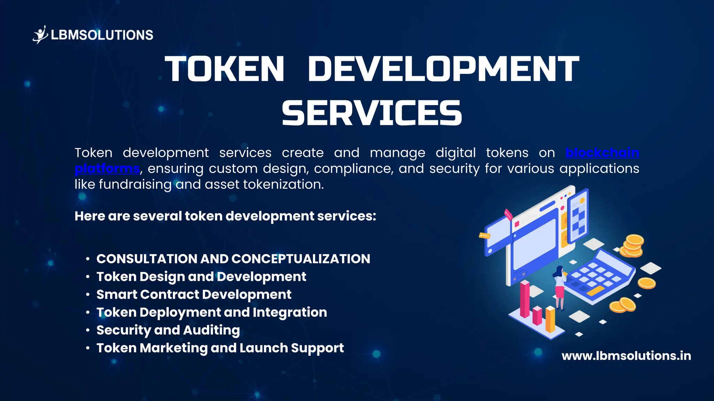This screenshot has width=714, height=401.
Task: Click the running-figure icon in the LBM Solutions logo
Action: pos(40,34)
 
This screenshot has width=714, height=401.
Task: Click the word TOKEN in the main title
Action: pos(225,69)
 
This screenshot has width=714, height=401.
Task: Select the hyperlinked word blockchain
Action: pos(602,152)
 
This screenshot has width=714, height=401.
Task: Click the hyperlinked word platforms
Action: pos(107,168)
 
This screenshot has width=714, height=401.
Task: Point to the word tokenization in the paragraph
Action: pos(283,184)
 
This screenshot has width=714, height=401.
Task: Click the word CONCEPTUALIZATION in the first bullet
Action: pos(301,259)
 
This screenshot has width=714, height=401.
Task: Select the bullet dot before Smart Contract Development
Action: pos(88,294)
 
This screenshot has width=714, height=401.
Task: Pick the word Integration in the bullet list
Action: pos(290,312)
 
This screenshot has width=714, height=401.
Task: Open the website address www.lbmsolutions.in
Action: pos(626,356)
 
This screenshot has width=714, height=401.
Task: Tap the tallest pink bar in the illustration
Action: pos(525,299)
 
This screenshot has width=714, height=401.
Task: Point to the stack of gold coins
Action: pos(633,246)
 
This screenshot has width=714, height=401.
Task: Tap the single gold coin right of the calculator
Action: pos(647,283)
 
